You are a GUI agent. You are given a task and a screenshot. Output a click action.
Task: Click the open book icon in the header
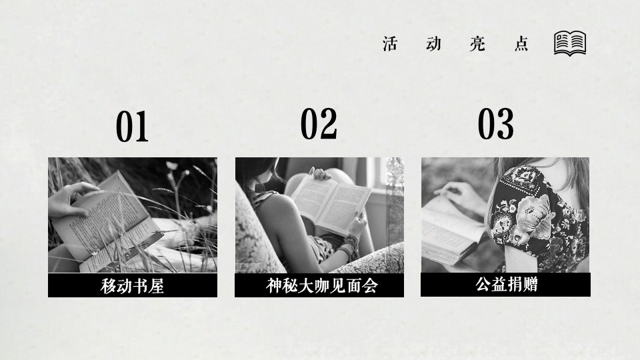pos(570,43)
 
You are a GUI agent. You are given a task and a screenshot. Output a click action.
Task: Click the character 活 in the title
pos(391,44)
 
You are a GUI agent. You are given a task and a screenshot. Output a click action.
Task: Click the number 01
pos(132,127)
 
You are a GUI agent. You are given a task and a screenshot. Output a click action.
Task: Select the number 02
pos(319,124)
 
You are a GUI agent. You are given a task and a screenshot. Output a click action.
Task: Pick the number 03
pos(496,124)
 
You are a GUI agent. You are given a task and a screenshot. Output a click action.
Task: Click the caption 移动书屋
pos(132,286)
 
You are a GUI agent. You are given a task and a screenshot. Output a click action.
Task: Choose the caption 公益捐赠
pos(506,285)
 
